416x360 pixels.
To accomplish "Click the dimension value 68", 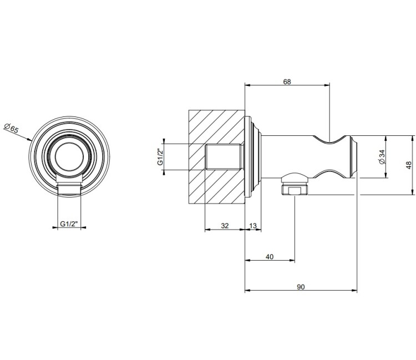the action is (287, 82).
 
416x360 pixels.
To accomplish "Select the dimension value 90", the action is (301, 287).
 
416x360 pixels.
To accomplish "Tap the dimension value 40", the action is (270, 257).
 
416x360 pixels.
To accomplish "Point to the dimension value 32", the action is (225, 226).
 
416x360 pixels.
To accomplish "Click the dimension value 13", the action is (253, 226).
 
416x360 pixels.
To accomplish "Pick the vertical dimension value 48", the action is (409, 165).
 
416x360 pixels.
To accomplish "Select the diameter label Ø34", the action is (382, 157).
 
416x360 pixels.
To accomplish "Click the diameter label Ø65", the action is (12, 128).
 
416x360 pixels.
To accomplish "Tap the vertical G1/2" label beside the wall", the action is (160, 157).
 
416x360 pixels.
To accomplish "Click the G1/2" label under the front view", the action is (69, 224).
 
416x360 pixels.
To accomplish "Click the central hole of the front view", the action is (69, 158).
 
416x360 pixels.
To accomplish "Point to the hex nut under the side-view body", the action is (294, 189).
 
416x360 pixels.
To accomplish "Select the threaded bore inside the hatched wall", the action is (224, 157).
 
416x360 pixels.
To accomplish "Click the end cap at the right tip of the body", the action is (354, 157).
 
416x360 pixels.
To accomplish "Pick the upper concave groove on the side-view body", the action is (329, 140).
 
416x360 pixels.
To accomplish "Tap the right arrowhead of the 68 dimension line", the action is (327, 85).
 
